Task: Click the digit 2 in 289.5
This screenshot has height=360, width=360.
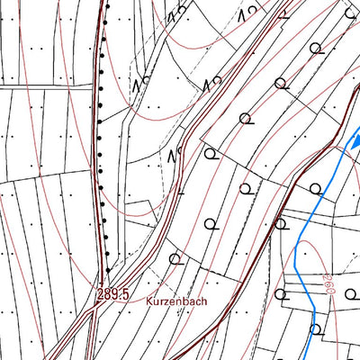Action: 101,294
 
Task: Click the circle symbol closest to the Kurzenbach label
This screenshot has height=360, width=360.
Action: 175,258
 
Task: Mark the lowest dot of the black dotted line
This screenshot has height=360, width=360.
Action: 107,267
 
